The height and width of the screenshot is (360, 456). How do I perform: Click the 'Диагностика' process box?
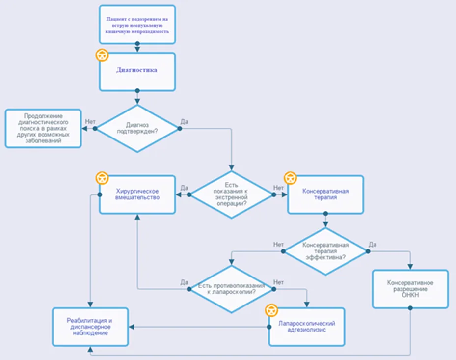137,72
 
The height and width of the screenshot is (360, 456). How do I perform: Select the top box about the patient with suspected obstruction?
137,25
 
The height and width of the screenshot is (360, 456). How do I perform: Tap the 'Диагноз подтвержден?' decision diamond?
137,128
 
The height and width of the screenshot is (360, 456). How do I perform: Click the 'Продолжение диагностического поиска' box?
43,128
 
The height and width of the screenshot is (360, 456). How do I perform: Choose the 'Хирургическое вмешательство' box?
137,194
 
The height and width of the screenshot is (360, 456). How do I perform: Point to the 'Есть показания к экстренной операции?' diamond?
232,194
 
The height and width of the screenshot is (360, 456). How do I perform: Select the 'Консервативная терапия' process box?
325,194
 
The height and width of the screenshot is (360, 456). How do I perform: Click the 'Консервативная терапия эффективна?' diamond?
325,251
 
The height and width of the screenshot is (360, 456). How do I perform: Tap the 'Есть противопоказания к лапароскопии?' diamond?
232,289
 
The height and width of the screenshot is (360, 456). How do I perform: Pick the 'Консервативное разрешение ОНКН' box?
410,289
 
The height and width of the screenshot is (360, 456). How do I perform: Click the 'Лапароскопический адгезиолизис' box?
307,327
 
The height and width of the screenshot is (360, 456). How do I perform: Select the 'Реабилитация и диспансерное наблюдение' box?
90,327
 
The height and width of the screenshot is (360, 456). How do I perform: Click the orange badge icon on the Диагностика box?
102,55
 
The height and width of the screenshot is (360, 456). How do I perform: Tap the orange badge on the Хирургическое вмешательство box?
102,178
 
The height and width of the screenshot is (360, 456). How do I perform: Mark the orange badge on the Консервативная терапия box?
290,178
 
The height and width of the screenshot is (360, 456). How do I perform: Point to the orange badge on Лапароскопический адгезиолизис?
271,310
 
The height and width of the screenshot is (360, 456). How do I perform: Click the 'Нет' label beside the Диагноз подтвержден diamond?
90,122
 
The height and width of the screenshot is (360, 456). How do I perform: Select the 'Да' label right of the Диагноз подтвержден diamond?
185,122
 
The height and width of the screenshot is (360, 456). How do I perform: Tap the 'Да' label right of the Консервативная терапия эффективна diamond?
373,245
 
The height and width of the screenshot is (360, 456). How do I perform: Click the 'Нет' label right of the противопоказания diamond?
278,282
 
